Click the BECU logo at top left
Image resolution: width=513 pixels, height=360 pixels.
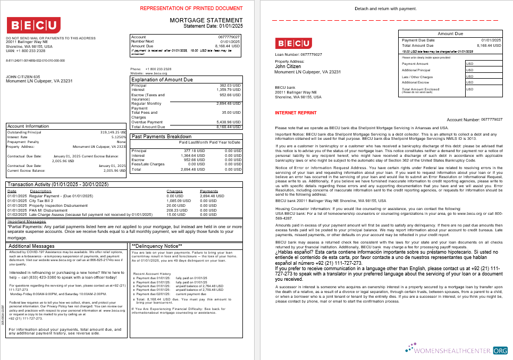point(33,26)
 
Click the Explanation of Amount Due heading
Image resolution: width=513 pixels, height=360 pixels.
point(161,79)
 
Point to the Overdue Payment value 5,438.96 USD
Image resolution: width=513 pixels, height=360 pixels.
point(229,122)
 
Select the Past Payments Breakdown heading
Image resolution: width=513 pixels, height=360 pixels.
point(161,137)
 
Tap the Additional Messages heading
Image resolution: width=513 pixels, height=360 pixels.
point(32,246)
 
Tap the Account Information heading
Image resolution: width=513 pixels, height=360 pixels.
point(30,126)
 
